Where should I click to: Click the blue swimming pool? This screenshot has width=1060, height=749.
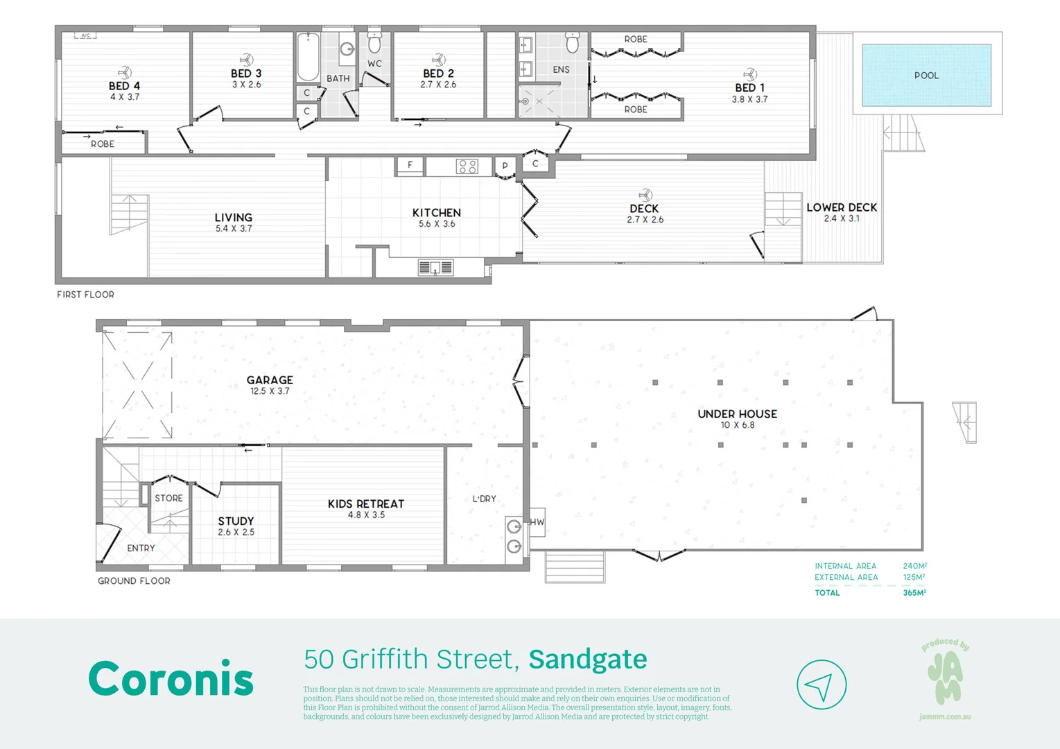(926, 75)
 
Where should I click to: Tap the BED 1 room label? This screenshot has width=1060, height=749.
(749, 88)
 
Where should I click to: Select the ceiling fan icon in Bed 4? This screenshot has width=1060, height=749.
(124, 72)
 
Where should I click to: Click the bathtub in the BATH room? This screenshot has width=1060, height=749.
(308, 58)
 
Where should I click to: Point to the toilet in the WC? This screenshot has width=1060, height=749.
(374, 44)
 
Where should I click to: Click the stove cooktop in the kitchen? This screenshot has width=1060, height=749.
(467, 166)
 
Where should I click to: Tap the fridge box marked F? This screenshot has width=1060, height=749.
(410, 166)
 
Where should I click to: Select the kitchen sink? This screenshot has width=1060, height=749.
(435, 268)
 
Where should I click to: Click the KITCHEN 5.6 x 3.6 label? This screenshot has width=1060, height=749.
(436, 217)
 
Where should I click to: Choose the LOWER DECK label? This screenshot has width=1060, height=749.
(842, 207)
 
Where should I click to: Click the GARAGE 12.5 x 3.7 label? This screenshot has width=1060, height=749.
(270, 384)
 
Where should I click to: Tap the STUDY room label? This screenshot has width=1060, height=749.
(236, 521)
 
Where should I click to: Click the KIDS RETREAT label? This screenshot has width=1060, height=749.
(366, 504)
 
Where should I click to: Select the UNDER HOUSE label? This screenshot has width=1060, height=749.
(737, 414)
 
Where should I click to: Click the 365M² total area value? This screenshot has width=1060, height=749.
(914, 593)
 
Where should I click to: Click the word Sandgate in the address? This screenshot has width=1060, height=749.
(588, 660)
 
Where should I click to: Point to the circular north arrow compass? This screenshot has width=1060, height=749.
(822, 685)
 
